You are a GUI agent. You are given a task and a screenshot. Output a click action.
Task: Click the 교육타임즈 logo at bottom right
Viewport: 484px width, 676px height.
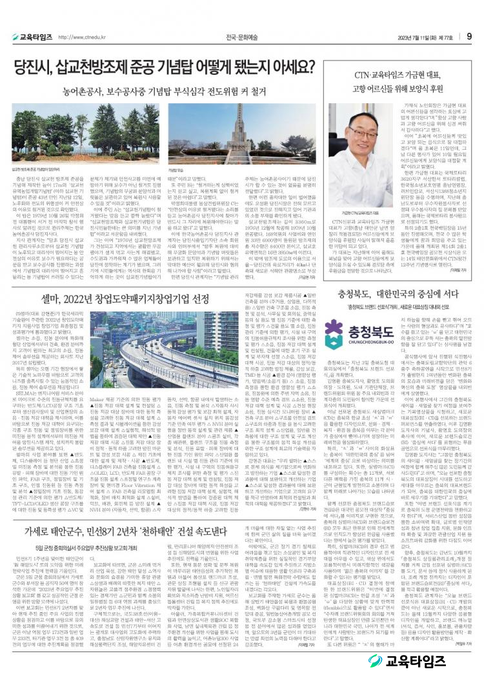pyautogui.click(x=426, y=660)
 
